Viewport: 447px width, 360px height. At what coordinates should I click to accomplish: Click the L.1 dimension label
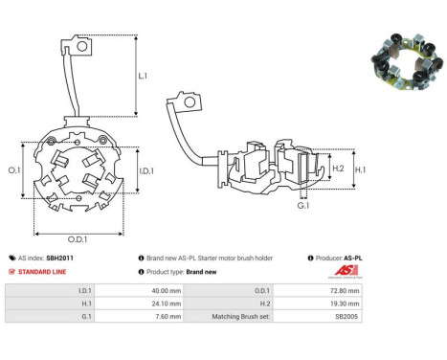[x=143, y=76]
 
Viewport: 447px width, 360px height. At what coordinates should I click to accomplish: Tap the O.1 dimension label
[x=14, y=170]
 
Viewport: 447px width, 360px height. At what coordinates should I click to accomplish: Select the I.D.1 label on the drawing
[x=146, y=171]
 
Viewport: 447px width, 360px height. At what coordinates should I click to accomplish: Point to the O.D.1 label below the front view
[x=78, y=239]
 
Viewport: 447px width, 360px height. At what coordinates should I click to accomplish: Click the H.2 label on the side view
[x=338, y=169]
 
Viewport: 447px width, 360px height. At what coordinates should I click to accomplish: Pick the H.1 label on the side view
[x=361, y=169]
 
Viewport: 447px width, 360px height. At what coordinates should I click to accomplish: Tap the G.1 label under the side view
[x=303, y=206]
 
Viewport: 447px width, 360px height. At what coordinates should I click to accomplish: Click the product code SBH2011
[x=59, y=258]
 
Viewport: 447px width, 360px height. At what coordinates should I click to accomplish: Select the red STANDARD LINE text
[x=42, y=272]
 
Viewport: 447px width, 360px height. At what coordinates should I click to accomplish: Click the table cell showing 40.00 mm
[x=139, y=291]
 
